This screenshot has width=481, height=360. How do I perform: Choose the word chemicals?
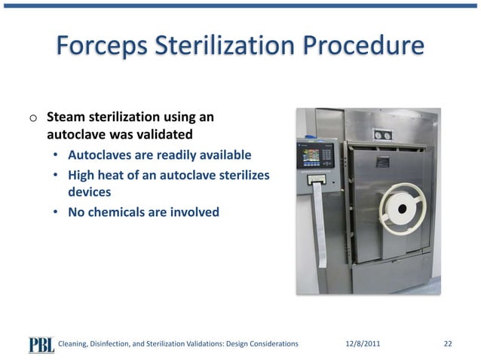tap(121, 212)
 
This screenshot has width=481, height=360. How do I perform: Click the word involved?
tap(194, 212)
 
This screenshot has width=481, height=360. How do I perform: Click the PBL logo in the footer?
tap(41, 343)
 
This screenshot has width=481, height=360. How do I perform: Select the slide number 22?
tap(448, 343)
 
